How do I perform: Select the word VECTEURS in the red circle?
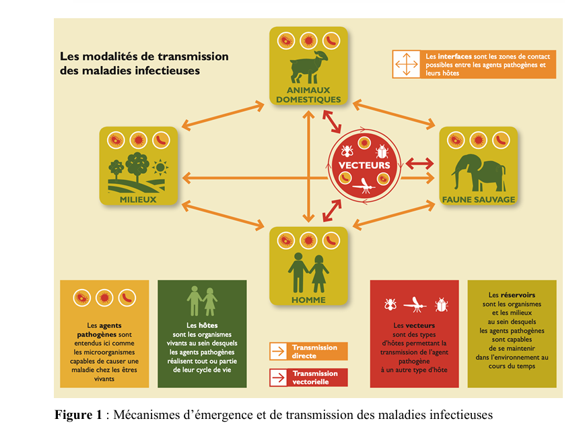point(364,165)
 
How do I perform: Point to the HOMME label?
point(309,300)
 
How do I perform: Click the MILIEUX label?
point(139,199)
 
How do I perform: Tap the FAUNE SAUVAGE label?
point(478,199)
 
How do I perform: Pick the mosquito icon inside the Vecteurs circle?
point(364,184)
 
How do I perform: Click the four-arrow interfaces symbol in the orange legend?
point(406,64)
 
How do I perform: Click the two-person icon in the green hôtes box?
point(202,301)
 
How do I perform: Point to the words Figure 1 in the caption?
point(77,414)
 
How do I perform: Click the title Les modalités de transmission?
point(145,57)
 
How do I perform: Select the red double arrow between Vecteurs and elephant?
point(419,164)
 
